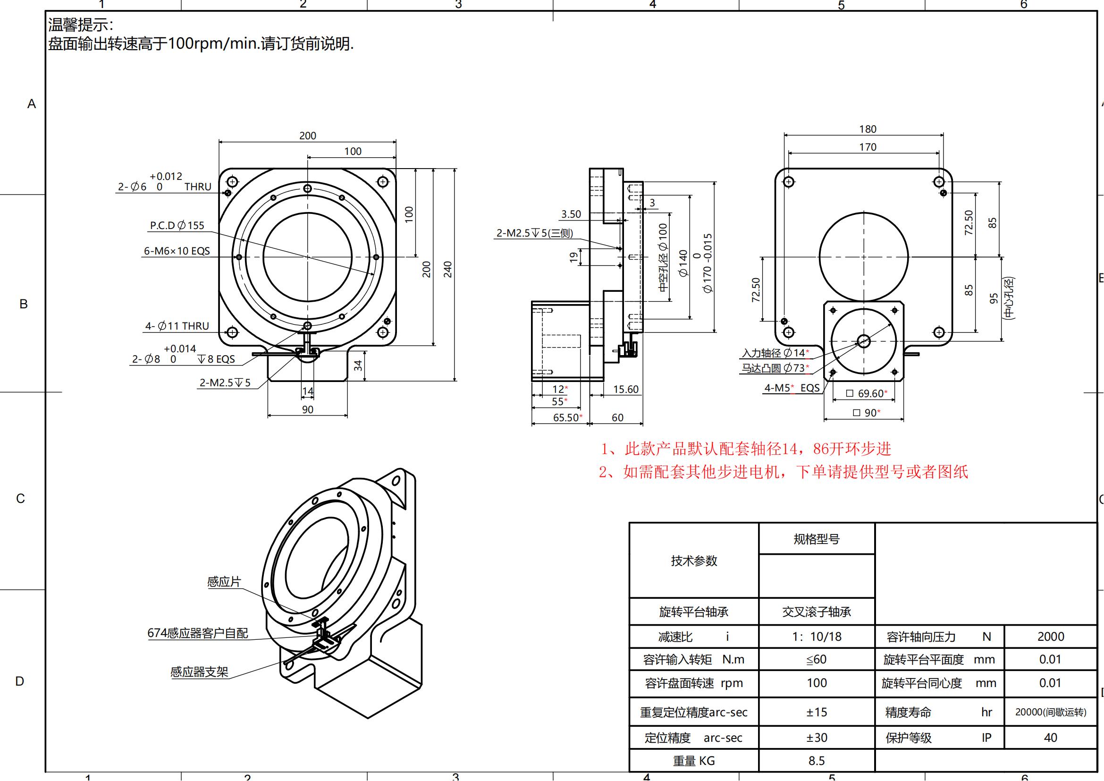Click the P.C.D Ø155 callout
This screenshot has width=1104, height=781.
pos(177,226)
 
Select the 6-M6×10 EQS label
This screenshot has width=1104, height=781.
pos(177,251)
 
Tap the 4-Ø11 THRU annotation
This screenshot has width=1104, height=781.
pos(177,326)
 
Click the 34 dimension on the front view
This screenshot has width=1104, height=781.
pos(358,365)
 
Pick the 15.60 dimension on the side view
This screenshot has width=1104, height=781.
pos(625,390)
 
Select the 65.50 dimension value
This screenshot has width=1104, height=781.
pos(567,417)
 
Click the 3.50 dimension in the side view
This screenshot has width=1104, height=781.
pos(571,214)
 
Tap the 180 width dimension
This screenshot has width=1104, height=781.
pos(868,129)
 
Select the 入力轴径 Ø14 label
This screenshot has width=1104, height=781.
pos(775,353)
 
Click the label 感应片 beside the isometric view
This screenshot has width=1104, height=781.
pos(224,582)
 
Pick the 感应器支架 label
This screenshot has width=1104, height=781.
pos(199,672)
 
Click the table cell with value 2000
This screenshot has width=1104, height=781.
pos(1051,637)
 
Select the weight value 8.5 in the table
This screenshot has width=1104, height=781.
pos(817,761)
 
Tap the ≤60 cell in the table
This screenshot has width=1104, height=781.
pos(817,659)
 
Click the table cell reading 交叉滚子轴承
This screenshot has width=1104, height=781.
pos(817,611)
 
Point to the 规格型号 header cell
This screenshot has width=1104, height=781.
pos(817,539)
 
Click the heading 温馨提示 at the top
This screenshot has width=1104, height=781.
pos(80,25)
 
